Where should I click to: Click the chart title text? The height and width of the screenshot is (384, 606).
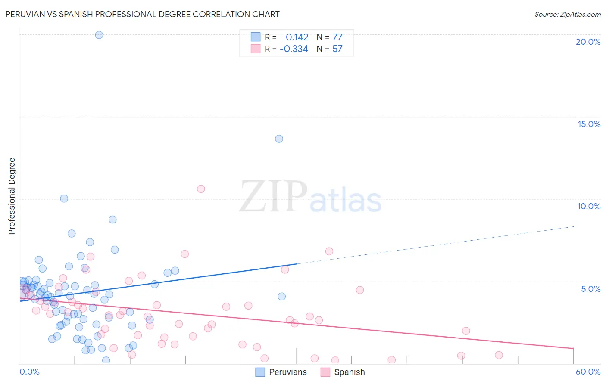pos(142,14)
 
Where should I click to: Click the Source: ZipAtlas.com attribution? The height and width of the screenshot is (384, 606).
pos(567,14)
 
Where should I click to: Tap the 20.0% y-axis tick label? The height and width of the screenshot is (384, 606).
pos(588,42)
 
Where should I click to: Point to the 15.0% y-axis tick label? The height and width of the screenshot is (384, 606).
pos(589,124)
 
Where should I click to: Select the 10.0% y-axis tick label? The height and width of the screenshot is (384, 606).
pos(589,206)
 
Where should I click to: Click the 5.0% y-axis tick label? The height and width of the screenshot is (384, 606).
pos(590,289)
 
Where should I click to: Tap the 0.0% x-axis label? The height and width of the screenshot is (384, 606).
pos(29,372)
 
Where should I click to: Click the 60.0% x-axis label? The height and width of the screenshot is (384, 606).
pos(588,372)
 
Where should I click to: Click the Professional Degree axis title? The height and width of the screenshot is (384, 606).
pos(12,196)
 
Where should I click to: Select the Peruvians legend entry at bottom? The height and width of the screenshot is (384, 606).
pos(287,372)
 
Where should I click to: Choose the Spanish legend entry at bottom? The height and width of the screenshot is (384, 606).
pos(349,372)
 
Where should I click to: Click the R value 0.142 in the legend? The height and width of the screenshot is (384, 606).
pos(297,37)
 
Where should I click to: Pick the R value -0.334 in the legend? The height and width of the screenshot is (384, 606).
pos(294,49)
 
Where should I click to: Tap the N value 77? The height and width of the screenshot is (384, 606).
pos(337,37)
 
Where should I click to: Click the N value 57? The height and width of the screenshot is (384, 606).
pos(337,49)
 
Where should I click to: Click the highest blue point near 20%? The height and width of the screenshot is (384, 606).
pos(99,35)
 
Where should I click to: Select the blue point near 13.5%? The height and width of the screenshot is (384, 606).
pos(279,139)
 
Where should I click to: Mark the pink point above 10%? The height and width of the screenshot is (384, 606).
pos(200,189)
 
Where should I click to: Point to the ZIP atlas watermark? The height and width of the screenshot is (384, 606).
pos(310,197)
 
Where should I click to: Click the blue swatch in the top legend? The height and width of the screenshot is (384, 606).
pos(256,37)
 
